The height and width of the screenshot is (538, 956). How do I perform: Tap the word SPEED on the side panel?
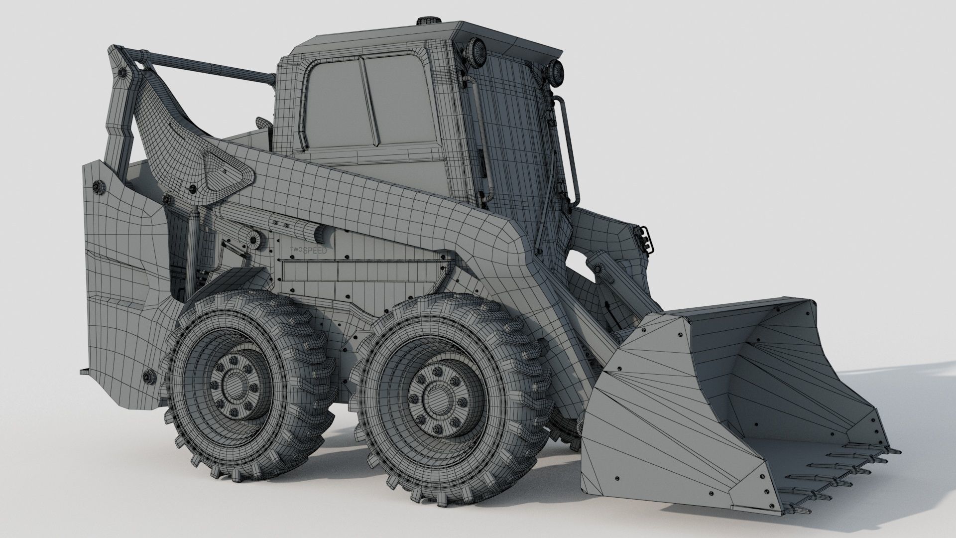pyautogui.click(x=315, y=251)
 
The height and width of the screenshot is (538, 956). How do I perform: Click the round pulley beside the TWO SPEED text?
pyautogui.click(x=255, y=239)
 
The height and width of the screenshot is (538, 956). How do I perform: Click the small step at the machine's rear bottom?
pyautogui.click(x=86, y=371)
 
